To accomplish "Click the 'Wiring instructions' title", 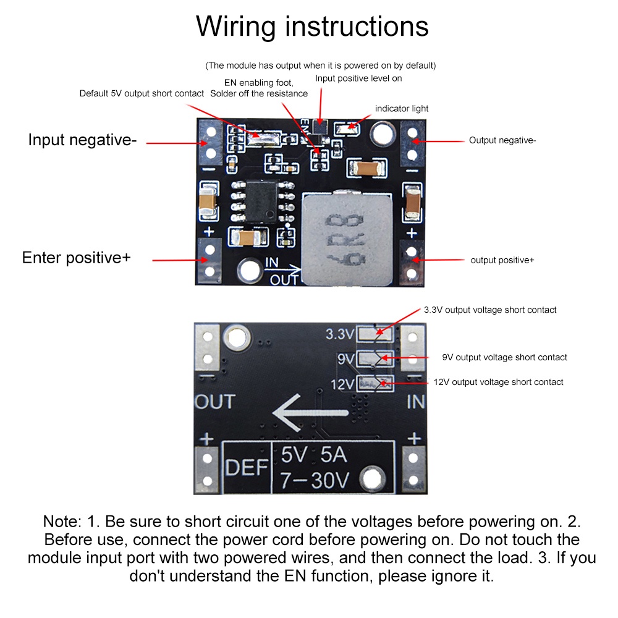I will click(x=312, y=27).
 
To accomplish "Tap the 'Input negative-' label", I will click(x=82, y=140).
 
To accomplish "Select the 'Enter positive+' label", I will click(x=77, y=257).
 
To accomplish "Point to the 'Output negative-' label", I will click(x=502, y=140).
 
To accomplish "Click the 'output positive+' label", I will click(x=502, y=260).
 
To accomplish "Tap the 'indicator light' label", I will click(x=402, y=109).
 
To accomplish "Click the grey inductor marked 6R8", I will click(x=347, y=240).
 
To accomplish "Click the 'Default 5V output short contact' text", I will click(x=142, y=93).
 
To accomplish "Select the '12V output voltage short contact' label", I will click(x=498, y=382).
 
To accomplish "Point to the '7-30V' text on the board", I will click(x=315, y=480).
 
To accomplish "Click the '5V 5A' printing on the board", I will click(x=313, y=455).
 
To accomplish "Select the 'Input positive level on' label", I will click(x=358, y=78).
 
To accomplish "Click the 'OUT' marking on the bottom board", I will click(x=214, y=402).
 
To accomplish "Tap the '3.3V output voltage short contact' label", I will click(x=490, y=310).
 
